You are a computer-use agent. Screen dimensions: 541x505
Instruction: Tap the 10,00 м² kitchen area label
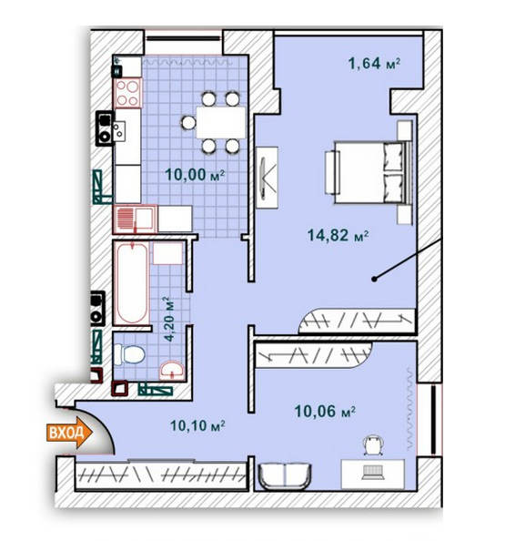(195, 176)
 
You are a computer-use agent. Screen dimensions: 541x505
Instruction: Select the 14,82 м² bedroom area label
(338, 236)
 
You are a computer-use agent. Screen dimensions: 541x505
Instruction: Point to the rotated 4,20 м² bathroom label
(167, 319)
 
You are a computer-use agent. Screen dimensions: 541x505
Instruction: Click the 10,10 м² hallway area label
(197, 424)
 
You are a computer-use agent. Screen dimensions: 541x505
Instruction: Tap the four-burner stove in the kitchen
(126, 92)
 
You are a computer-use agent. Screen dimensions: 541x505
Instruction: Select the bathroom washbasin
(171, 370)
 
